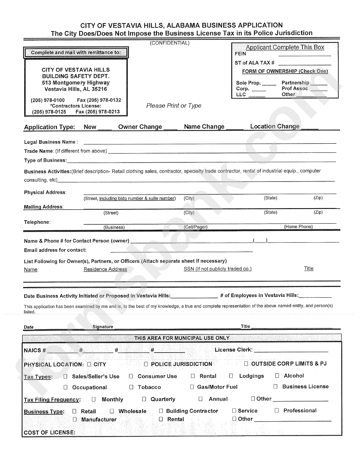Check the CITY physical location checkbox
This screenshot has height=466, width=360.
coord(89,364)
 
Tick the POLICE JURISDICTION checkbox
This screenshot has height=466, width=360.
coord(146,364)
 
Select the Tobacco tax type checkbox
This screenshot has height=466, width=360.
coord(131,387)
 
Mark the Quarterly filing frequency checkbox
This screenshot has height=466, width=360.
coord(144,399)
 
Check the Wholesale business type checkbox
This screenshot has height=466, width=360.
coord(112,411)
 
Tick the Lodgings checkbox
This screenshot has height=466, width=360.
coord(231,376)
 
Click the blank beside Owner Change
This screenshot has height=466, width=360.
coord(170,129)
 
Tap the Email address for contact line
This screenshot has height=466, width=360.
coord(182,251)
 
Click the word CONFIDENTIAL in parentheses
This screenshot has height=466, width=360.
coord(170,43)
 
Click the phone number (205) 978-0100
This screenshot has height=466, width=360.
coord(48,100)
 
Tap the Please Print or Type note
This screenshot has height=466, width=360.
coord(174,105)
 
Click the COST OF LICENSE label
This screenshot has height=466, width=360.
coord(50,432)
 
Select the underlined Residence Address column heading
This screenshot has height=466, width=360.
coord(105,269)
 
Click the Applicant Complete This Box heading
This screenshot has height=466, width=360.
coord(285,47)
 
